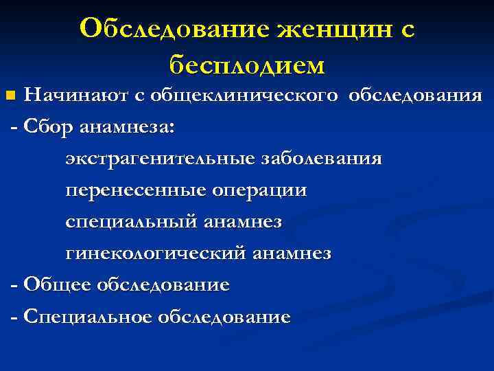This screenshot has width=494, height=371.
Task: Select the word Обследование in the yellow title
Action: click(x=174, y=30)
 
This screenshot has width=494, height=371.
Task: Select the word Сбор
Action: click(x=49, y=127)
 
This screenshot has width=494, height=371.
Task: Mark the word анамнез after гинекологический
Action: click(x=292, y=254)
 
